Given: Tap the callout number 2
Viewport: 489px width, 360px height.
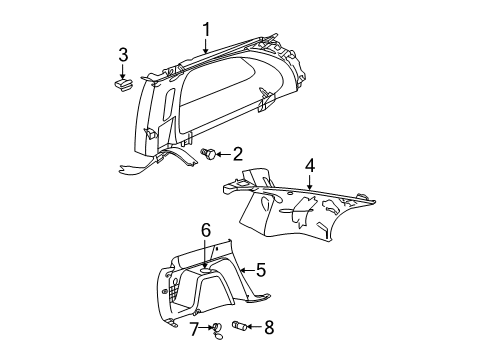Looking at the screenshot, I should point(237,154).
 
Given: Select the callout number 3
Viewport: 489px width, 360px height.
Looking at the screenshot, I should point(123,54).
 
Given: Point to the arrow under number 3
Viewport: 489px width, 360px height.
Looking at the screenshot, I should point(123,70).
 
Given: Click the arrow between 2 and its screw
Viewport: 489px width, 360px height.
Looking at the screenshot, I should point(222,154).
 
